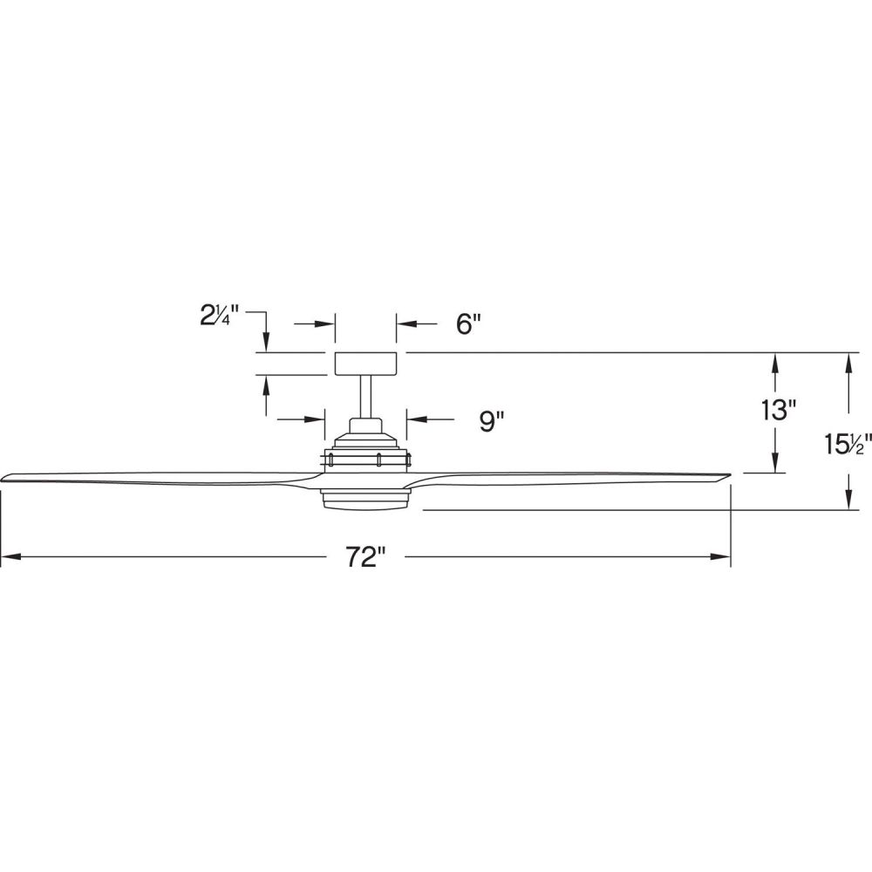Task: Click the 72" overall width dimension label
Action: click(365, 556)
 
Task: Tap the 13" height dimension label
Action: click(779, 411)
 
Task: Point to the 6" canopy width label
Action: click(467, 324)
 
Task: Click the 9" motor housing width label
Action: click(491, 421)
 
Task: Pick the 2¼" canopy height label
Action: click(219, 316)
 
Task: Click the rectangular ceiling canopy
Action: click(365, 364)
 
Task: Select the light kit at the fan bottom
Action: click(365, 498)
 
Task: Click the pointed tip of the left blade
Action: click(2, 479)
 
